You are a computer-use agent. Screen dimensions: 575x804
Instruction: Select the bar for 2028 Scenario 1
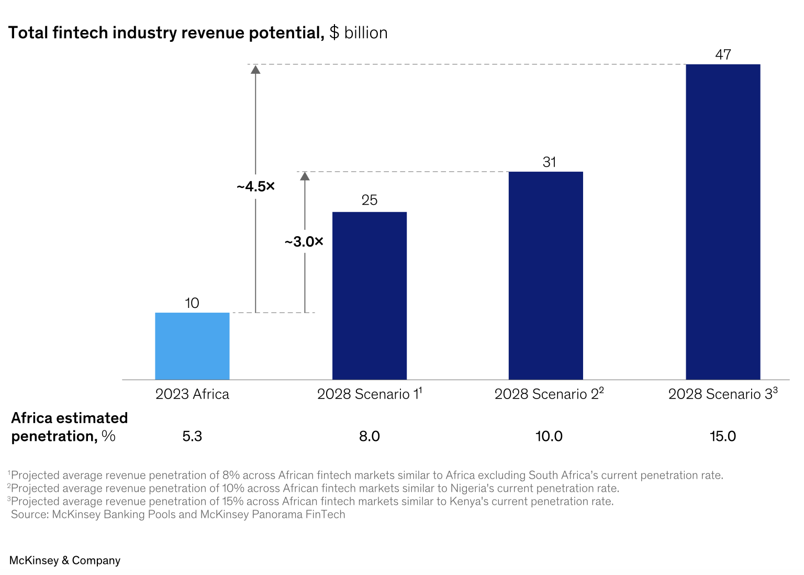click(x=370, y=295)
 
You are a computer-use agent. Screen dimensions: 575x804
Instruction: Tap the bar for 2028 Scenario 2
click(x=546, y=275)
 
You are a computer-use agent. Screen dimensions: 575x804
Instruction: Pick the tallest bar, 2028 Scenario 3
click(x=723, y=222)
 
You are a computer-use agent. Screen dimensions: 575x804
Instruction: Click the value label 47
click(x=723, y=54)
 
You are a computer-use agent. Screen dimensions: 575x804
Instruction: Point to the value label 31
click(x=549, y=162)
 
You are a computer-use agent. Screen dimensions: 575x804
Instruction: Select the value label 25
click(x=370, y=200)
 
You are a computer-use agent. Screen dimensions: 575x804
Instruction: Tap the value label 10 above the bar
click(x=192, y=303)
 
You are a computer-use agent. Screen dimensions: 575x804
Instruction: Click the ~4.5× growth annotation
click(x=255, y=186)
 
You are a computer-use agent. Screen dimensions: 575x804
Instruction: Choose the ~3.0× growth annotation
click(x=304, y=242)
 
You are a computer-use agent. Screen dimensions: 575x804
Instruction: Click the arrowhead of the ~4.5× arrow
click(x=255, y=69)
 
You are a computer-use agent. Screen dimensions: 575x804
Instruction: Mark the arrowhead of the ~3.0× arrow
click(x=305, y=176)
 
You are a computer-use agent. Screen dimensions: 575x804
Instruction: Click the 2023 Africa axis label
click(x=192, y=394)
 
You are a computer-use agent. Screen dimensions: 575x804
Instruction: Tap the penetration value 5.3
click(x=192, y=436)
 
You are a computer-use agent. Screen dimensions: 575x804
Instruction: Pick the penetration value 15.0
click(x=723, y=436)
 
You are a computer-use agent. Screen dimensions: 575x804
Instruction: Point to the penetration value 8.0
click(x=370, y=436)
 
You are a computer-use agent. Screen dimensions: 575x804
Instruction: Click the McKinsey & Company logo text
click(x=65, y=560)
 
